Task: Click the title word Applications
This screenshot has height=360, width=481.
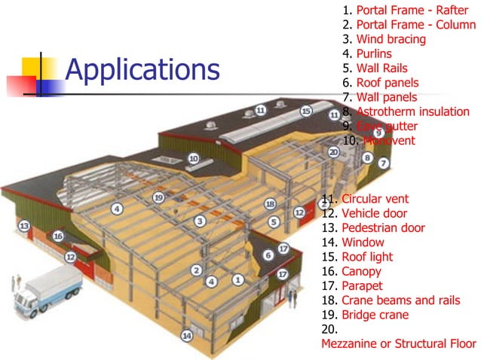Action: [x=142, y=70]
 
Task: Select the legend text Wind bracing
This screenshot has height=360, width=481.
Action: [x=391, y=39]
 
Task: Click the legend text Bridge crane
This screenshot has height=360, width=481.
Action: [x=375, y=315]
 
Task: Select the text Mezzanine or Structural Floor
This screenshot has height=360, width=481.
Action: [x=398, y=343]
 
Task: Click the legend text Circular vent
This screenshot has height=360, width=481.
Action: [x=375, y=199]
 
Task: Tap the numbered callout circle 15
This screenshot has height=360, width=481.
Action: [x=306, y=111]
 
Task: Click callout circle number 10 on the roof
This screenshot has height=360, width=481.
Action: [x=193, y=159]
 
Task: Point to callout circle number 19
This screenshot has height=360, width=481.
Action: [x=158, y=197]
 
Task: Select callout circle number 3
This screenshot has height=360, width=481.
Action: [x=200, y=221]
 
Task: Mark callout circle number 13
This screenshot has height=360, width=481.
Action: [x=24, y=225]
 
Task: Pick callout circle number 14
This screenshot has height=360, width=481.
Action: [x=186, y=336]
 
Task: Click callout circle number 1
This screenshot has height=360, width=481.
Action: [x=238, y=279]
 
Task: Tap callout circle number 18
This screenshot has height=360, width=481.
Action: [x=270, y=204]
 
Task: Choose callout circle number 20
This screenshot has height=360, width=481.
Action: [x=334, y=151]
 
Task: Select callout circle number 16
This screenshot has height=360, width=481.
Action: [x=58, y=236]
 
